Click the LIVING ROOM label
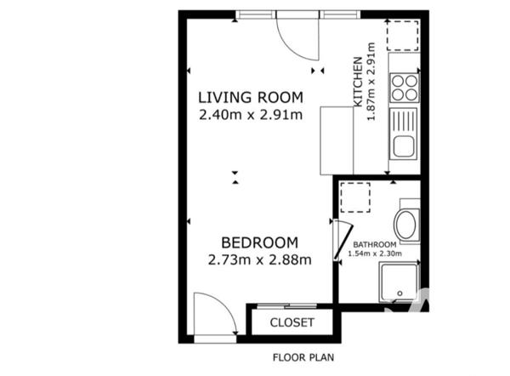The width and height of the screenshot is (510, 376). [x=250, y=96]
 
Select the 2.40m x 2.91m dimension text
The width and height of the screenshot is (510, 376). [x=250, y=115]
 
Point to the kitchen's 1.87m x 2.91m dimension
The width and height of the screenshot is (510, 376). [x=371, y=89]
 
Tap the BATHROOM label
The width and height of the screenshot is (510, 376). [x=375, y=244]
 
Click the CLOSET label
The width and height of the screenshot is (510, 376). [x=292, y=323]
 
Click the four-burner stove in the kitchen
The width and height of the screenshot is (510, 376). [x=405, y=88]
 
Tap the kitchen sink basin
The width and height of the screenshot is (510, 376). [x=403, y=145]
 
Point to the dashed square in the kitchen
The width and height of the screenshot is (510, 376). [x=404, y=35]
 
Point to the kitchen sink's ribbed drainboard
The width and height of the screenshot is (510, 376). [x=404, y=118]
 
